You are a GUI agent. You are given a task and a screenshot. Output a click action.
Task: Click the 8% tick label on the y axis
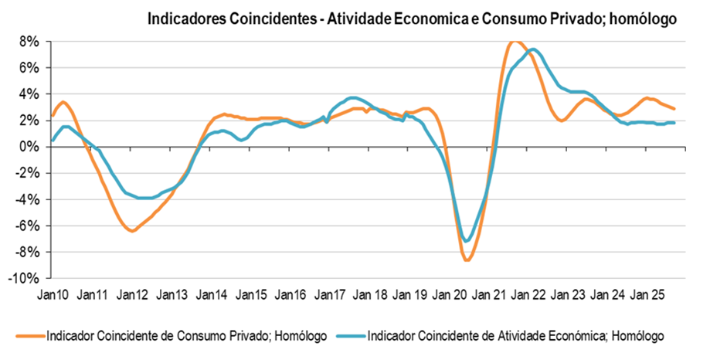tap(29, 42)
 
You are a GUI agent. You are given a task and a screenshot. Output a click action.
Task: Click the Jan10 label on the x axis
tap(53, 294)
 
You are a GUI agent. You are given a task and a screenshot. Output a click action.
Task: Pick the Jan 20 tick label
tap(449, 294)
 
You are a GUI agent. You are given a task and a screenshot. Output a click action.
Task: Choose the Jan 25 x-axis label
tap(647, 294)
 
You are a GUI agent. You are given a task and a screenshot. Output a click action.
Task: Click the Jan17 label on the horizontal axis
tap(330, 294)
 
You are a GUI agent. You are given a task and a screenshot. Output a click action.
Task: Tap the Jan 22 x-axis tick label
tap(528, 294)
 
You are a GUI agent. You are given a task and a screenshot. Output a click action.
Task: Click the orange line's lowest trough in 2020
tap(467, 260)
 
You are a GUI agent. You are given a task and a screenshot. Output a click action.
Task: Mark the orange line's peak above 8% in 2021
tap(515, 41)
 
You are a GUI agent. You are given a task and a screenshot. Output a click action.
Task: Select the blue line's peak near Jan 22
tap(534, 49)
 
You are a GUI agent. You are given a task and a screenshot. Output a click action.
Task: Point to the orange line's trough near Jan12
tap(133, 231)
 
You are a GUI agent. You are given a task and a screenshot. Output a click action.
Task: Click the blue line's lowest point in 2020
tap(466, 241)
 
